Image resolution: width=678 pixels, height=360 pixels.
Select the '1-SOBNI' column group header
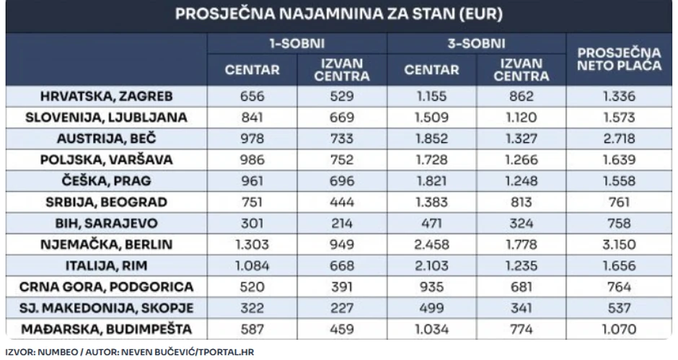(296, 44)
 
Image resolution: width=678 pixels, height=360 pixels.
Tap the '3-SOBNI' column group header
(477, 44)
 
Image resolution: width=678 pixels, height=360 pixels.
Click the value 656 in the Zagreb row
(251, 97)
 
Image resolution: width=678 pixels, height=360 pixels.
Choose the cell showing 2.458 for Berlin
(431, 245)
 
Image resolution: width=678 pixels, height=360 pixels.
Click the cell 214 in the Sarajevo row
(343, 224)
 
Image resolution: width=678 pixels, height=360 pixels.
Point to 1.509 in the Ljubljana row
(431, 118)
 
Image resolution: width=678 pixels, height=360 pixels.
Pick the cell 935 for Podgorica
(431, 287)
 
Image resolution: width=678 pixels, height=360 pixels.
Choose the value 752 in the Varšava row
(343, 160)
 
